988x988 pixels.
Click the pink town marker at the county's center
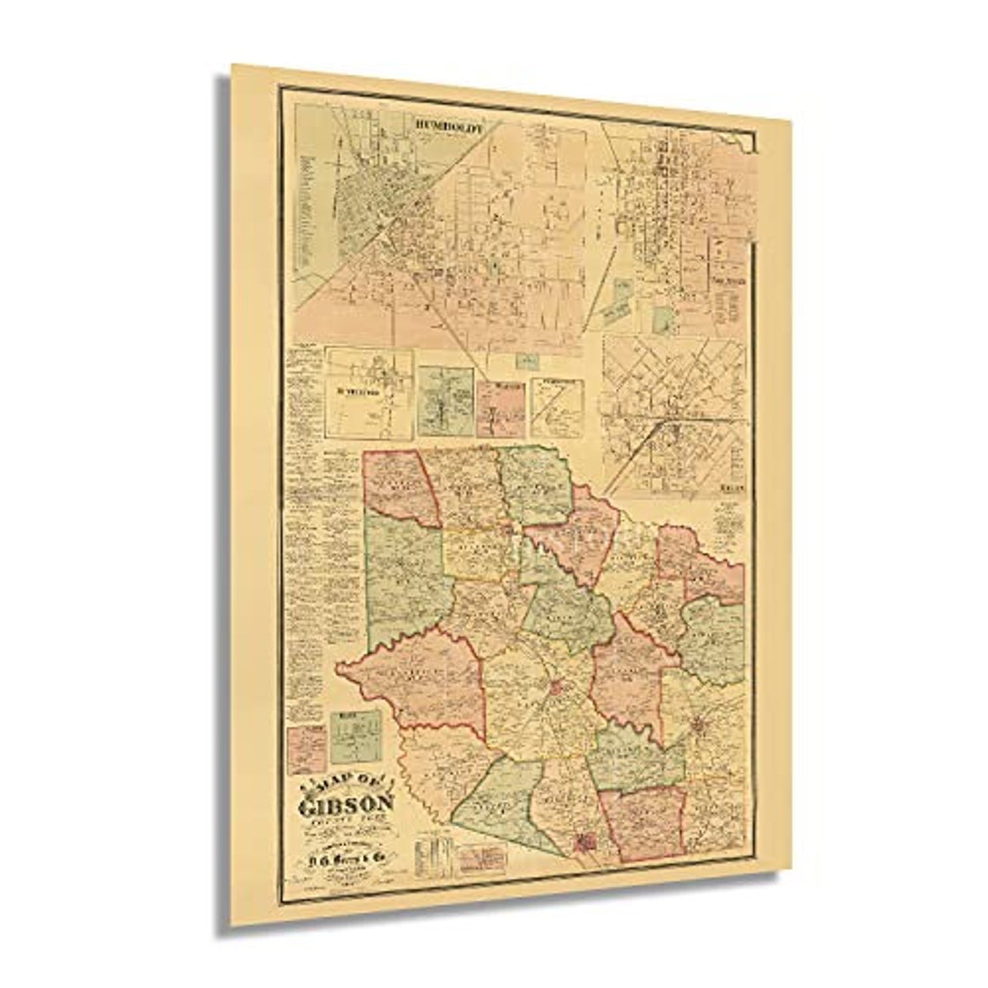(554, 690)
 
